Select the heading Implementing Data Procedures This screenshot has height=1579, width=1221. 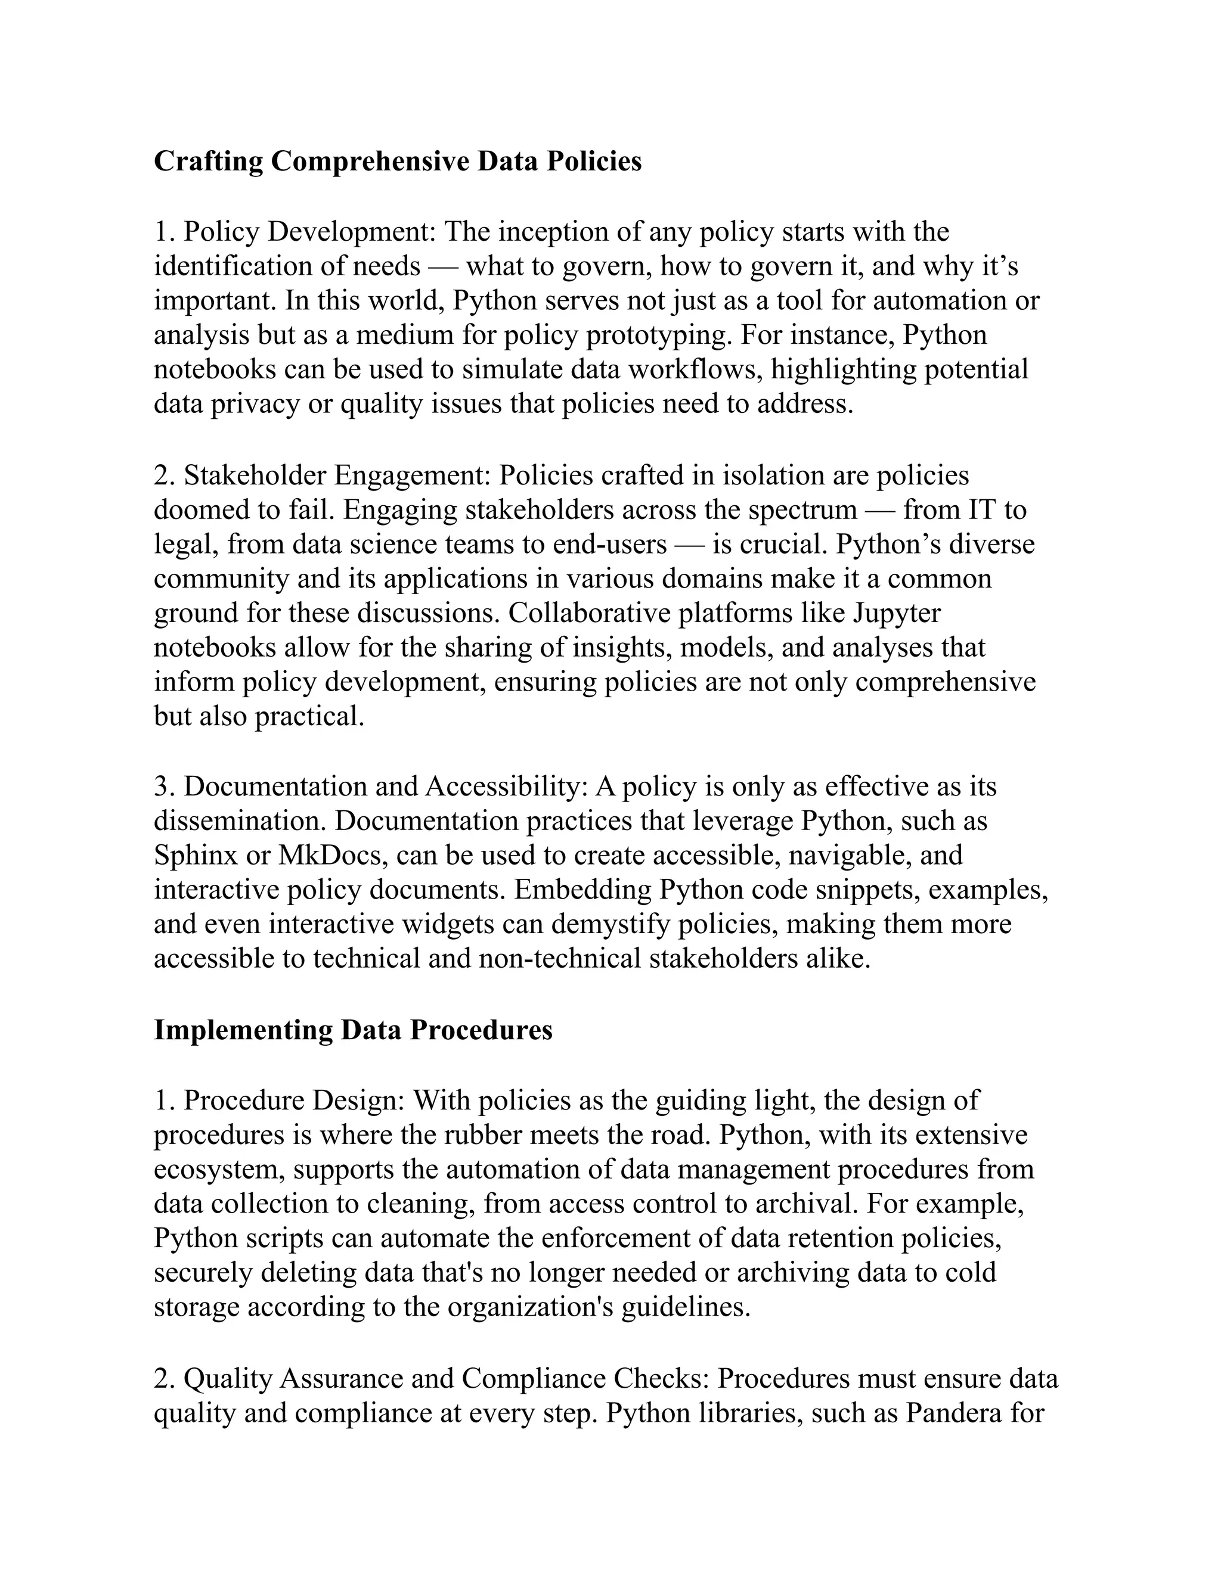[353, 1030]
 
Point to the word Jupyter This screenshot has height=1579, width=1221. [896, 613]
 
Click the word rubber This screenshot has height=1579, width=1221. [482, 1135]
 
